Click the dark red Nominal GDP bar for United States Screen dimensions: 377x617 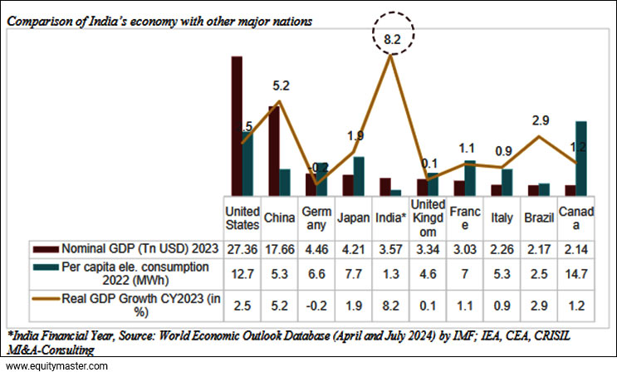[x=237, y=125]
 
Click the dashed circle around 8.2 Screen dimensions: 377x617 [x=390, y=38]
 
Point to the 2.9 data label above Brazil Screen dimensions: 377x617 [x=540, y=120]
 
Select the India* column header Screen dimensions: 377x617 [x=391, y=218]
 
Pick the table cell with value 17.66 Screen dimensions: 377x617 [x=279, y=247]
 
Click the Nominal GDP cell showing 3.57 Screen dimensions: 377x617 [x=391, y=247]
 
